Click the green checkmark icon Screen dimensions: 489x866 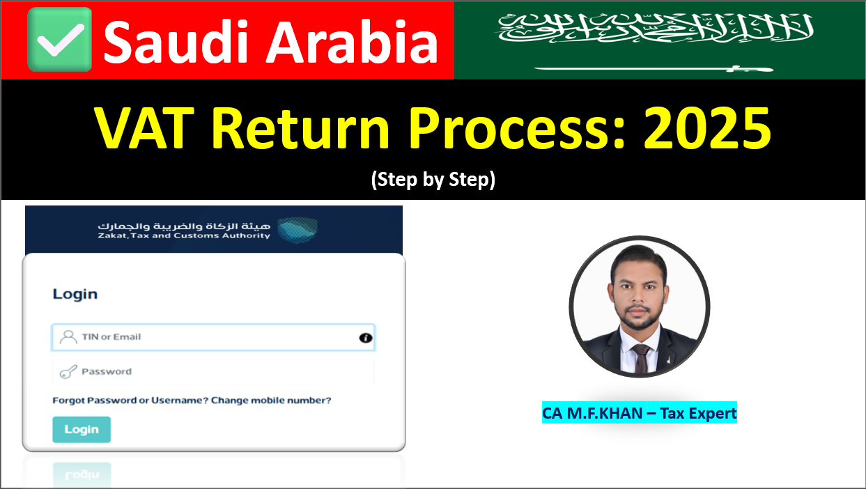pos(59,40)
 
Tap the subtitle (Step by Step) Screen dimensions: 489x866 pos(433,180)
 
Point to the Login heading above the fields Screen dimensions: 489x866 pos(75,294)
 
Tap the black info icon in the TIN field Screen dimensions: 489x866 pos(366,338)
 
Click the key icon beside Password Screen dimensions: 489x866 pos(68,372)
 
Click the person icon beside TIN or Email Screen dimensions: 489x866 pos(68,337)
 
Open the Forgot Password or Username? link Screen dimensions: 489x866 pos(130,401)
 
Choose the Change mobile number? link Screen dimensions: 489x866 pos(271,401)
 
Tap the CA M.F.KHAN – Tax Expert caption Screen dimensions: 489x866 pos(639,413)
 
